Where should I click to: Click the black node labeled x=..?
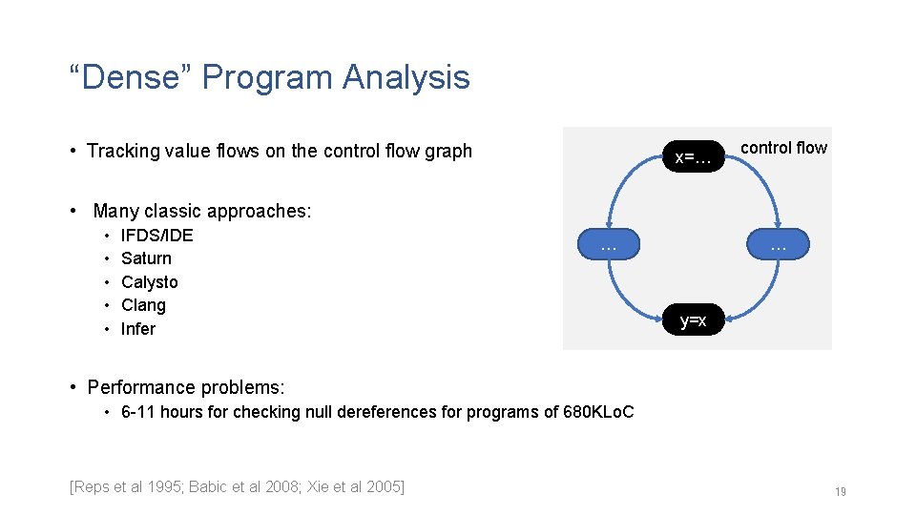click(694, 156)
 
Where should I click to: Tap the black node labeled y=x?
click(694, 319)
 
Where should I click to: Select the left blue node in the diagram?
click(609, 244)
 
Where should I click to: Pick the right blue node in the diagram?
click(779, 244)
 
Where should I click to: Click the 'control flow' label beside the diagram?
click(784, 148)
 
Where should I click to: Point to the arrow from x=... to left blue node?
click(620, 182)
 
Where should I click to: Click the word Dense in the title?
click(131, 77)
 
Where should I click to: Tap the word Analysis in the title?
click(406, 77)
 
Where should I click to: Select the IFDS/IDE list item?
click(157, 236)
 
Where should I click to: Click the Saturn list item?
click(146, 258)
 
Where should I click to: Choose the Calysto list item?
click(150, 282)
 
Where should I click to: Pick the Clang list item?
click(143, 305)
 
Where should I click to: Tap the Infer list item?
click(137, 329)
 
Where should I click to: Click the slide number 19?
click(841, 492)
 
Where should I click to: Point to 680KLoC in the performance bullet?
click(598, 412)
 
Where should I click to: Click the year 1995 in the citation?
click(164, 486)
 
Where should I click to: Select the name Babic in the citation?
click(207, 486)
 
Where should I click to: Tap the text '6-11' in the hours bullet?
click(137, 412)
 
